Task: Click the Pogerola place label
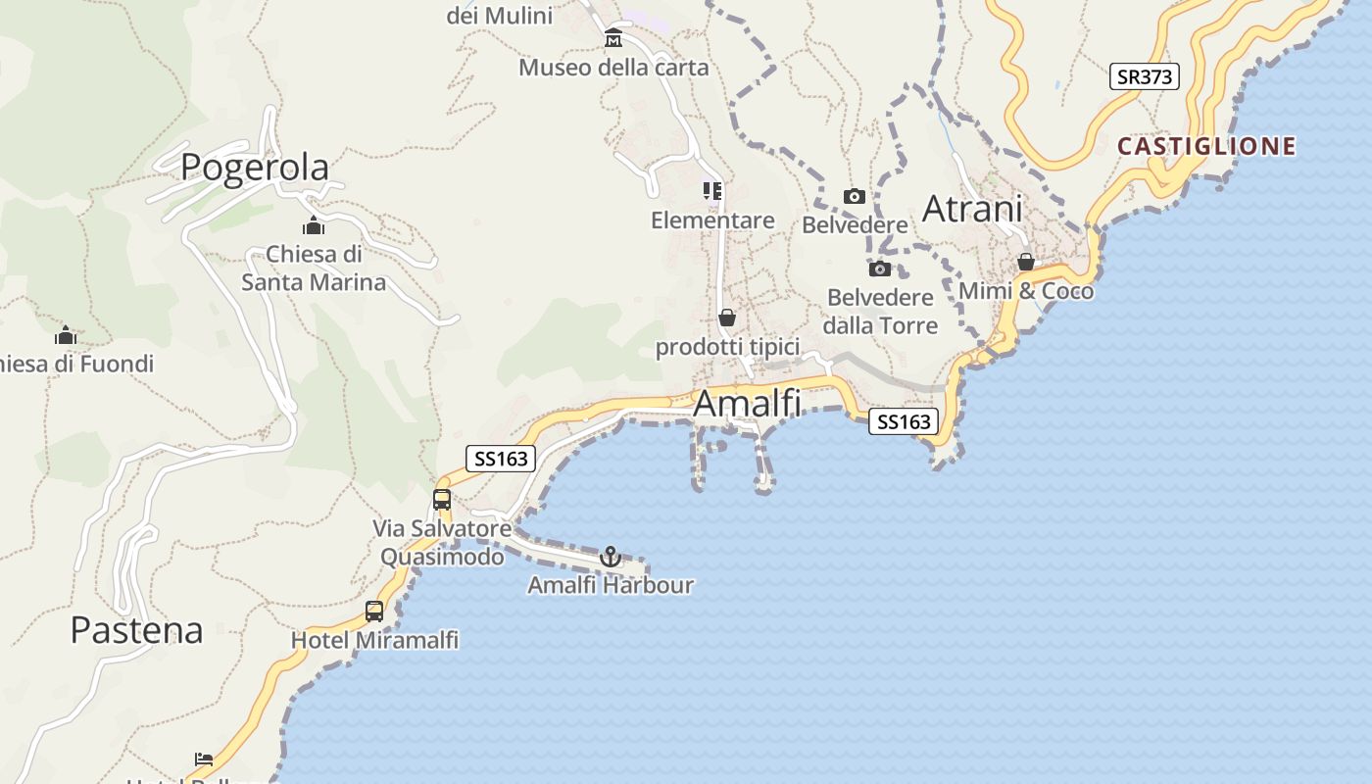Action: pos(255,167)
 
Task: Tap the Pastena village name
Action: pos(136,630)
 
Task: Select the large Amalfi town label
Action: pos(747,403)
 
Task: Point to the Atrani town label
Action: pos(972,209)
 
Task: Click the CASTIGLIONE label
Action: pos(1206,147)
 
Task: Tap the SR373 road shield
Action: pos(1144,76)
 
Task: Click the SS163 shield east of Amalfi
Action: pos(904,421)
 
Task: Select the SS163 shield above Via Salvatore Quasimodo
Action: pos(501,458)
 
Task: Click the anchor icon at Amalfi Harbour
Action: pos(611,557)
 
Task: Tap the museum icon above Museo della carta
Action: pos(613,38)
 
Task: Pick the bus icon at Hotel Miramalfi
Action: pos(374,612)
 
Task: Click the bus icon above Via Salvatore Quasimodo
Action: pos(442,499)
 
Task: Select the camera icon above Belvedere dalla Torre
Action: pos(880,269)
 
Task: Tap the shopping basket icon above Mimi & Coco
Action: pos(1026,262)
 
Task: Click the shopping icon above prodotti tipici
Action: pos(727,318)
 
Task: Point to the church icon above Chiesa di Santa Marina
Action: pos(314,226)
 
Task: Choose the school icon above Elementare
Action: pos(712,191)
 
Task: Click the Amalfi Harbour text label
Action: pos(610,585)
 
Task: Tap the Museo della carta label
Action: pos(613,68)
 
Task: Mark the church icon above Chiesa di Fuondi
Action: pos(66,335)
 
